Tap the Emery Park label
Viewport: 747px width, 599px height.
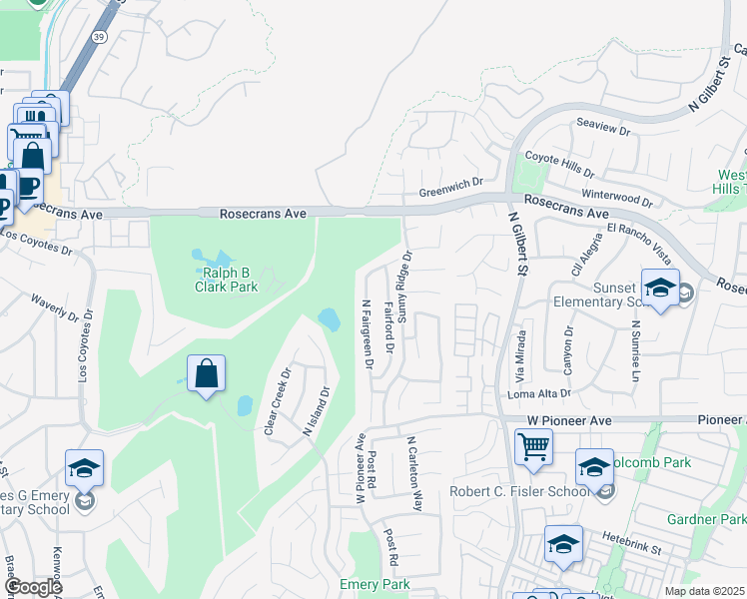(x=374, y=584)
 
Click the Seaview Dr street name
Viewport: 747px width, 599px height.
(x=604, y=130)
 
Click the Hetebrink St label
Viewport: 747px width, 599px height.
(x=632, y=538)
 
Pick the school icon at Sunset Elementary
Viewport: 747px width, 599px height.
(x=660, y=288)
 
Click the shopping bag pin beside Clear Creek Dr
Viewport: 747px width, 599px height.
(x=206, y=373)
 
